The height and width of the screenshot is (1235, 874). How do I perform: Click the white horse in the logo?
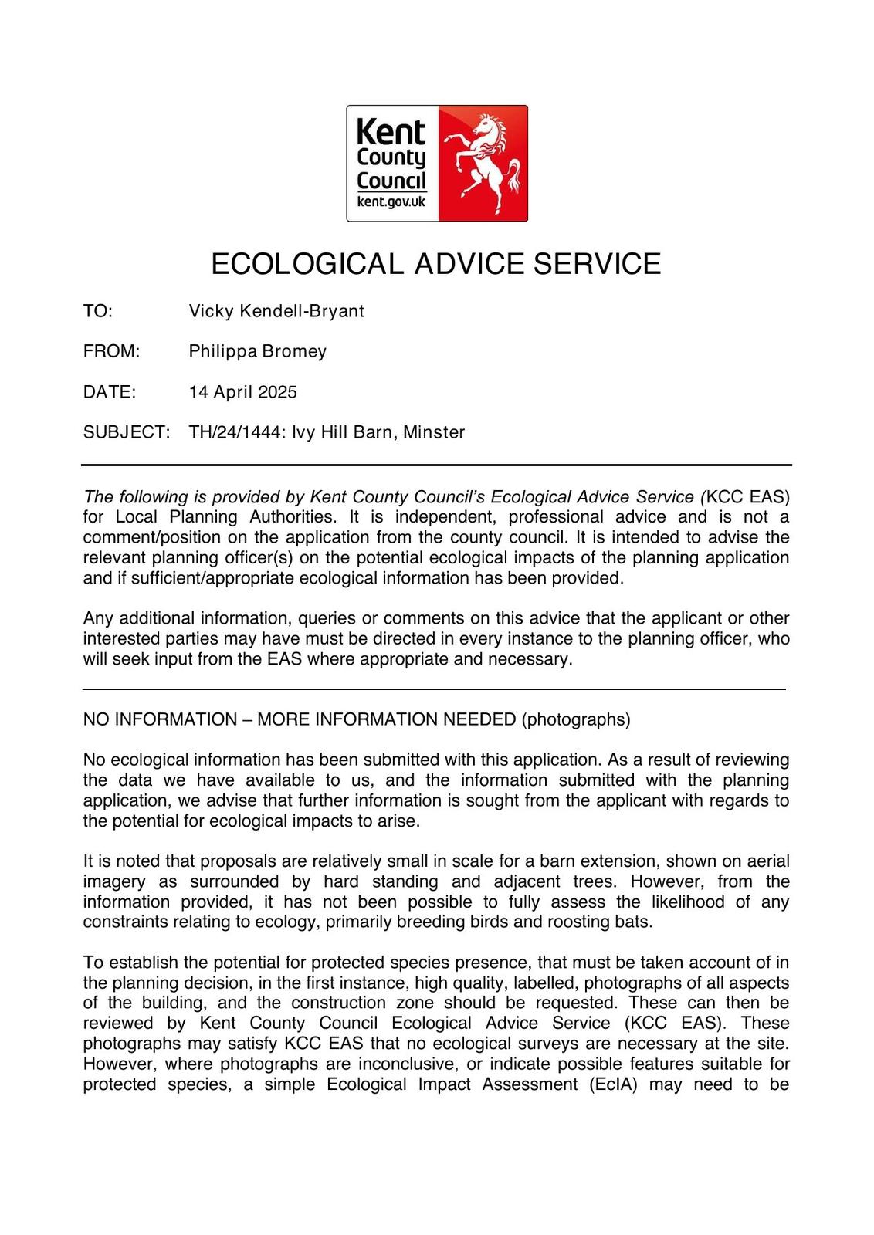[x=484, y=163]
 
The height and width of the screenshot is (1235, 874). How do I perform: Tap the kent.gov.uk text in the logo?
[x=391, y=202]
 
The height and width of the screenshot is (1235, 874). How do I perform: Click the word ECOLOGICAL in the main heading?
[x=307, y=264]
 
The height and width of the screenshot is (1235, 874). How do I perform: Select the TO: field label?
[x=98, y=311]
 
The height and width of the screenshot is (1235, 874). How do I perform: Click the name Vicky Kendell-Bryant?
[x=276, y=311]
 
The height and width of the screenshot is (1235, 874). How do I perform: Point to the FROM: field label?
[x=111, y=351]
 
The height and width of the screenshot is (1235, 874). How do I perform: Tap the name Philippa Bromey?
[x=258, y=351]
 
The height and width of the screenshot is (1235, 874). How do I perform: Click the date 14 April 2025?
[x=243, y=391]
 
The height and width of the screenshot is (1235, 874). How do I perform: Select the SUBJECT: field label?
[x=126, y=431]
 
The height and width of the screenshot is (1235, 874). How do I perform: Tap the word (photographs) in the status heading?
[x=576, y=719]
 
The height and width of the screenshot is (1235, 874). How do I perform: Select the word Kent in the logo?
[x=391, y=133]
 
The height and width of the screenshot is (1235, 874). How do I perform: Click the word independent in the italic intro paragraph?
[x=435, y=516]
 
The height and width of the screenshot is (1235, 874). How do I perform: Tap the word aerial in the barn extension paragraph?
[x=767, y=861]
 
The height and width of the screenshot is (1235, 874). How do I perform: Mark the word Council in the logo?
[x=391, y=181]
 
